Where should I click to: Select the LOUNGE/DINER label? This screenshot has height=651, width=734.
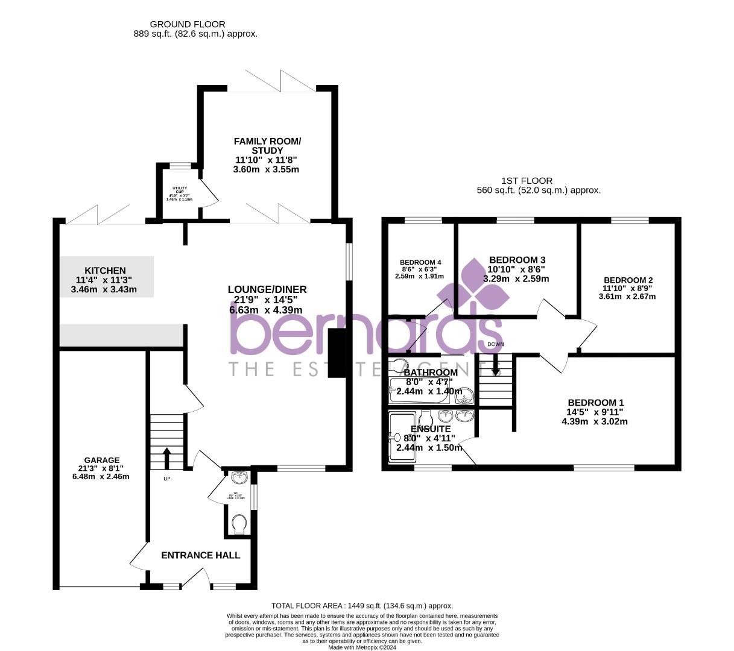[x=267, y=289]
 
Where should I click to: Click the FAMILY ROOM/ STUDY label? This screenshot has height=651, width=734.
[x=267, y=146]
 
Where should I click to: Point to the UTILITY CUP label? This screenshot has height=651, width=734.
[x=179, y=189]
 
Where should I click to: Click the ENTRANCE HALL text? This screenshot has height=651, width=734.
[x=200, y=555]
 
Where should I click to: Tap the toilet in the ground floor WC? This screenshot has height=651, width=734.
[x=239, y=523]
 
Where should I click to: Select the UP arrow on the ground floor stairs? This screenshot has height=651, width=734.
[x=166, y=457]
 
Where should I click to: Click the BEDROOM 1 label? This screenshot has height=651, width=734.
[x=596, y=403]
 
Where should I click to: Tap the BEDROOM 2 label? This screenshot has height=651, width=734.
[x=628, y=280]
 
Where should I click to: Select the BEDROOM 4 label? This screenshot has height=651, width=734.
[x=420, y=262]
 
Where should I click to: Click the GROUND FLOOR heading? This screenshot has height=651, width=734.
[x=188, y=24]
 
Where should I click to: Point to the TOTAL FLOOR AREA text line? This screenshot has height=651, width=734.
[x=362, y=606]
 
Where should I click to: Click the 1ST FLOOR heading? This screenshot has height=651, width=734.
[x=527, y=181]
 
